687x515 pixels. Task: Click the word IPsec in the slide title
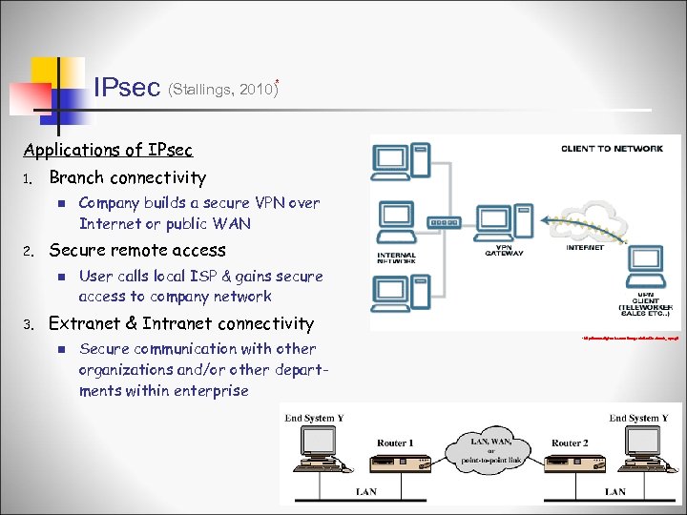[x=127, y=88]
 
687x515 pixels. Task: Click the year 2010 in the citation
[x=255, y=90]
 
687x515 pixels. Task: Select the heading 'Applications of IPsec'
[x=108, y=150]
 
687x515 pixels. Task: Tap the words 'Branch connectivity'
[x=127, y=177]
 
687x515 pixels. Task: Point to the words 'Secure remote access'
[x=137, y=251]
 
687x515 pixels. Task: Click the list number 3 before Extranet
[x=29, y=325]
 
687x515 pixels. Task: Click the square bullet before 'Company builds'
[x=59, y=203]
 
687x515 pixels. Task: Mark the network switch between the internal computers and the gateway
[x=444, y=223]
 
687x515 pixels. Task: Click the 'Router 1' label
[x=395, y=443]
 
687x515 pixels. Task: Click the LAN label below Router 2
[x=615, y=491]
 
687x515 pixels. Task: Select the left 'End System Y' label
[x=315, y=418]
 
